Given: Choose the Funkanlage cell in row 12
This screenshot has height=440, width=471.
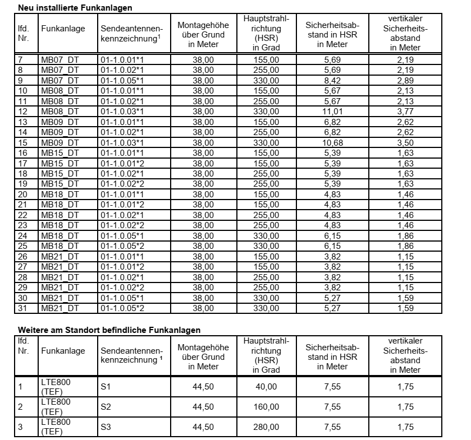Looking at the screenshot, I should [x=60, y=111].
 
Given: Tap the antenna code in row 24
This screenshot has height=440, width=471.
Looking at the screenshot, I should [x=122, y=235].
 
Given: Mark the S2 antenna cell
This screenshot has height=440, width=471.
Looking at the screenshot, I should [x=106, y=406].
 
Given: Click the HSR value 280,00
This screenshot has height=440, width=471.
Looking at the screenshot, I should [x=266, y=427].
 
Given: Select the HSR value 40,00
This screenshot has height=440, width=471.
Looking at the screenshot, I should [x=266, y=386].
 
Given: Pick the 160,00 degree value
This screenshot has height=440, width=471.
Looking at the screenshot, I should [x=266, y=406].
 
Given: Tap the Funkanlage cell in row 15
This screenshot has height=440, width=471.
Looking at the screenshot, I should [x=60, y=142].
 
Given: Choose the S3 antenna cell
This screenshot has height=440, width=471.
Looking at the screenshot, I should [x=106, y=427].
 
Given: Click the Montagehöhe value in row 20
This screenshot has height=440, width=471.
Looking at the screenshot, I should [x=203, y=194].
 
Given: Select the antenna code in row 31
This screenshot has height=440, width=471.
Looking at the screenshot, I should [x=122, y=308].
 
